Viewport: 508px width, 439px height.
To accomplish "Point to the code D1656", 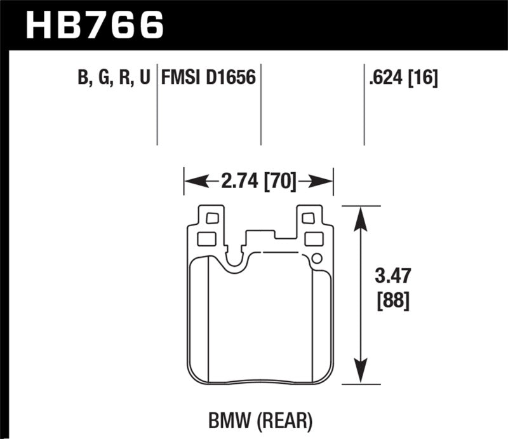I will tap(229, 78).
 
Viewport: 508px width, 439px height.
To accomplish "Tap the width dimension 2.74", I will tap(236, 182).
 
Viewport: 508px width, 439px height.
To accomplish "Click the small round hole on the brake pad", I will tap(317, 258).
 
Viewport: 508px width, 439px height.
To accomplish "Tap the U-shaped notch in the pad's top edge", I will tap(235, 260).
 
